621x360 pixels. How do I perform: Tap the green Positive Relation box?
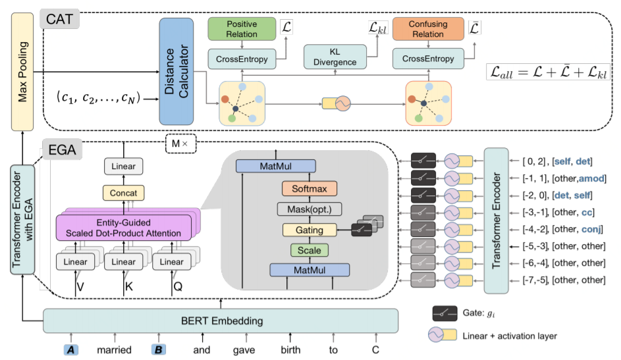tap(241, 29)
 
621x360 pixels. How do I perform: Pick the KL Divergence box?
tap(335, 57)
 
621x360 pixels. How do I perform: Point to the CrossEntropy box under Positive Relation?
tap(242, 59)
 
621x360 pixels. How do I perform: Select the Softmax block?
tap(309, 189)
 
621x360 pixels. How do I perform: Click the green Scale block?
tap(309, 250)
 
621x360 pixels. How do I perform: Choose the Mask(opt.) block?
tap(309, 209)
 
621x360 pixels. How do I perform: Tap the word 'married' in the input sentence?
tap(115, 349)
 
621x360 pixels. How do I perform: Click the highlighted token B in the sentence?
tap(159, 349)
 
